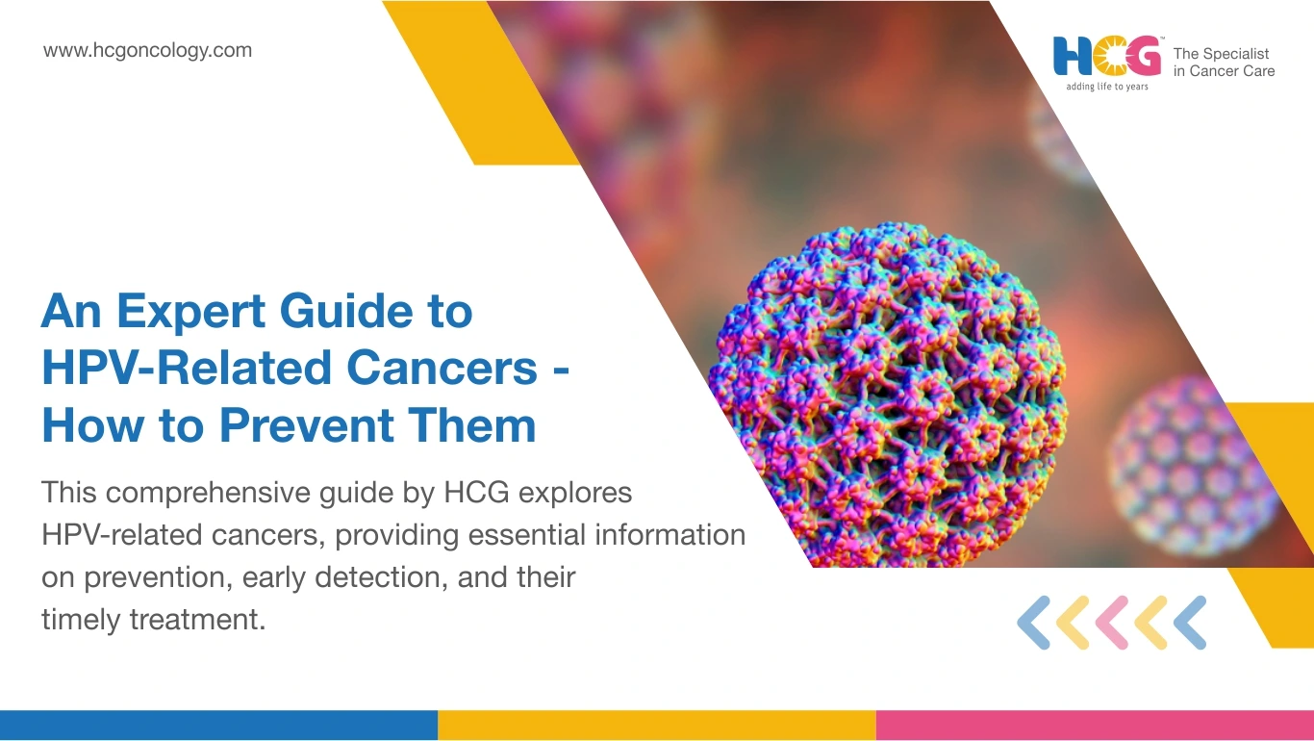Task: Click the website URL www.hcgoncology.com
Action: click(x=147, y=51)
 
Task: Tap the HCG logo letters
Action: click(x=1107, y=56)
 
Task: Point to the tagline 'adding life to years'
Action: click(x=1107, y=87)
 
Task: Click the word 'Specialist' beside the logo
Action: click(x=1236, y=54)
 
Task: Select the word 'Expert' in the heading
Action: click(x=191, y=312)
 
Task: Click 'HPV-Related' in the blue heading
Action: click(x=186, y=368)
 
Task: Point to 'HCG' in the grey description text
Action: click(x=476, y=493)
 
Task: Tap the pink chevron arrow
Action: click(x=1112, y=623)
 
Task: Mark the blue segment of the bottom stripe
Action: click(x=218, y=726)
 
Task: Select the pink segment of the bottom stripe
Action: click(x=1095, y=726)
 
